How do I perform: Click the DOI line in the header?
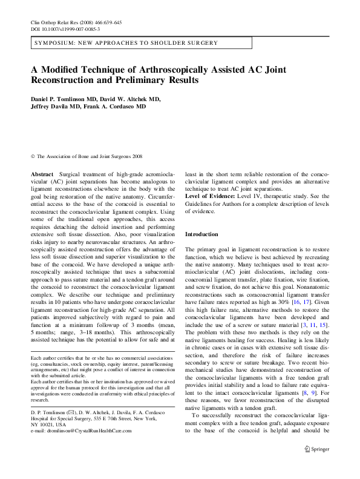coord(65,29)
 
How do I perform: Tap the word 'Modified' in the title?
coord(62,69)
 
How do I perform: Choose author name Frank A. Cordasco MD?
coord(120,107)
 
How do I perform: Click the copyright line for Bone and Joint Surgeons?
coord(85,156)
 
